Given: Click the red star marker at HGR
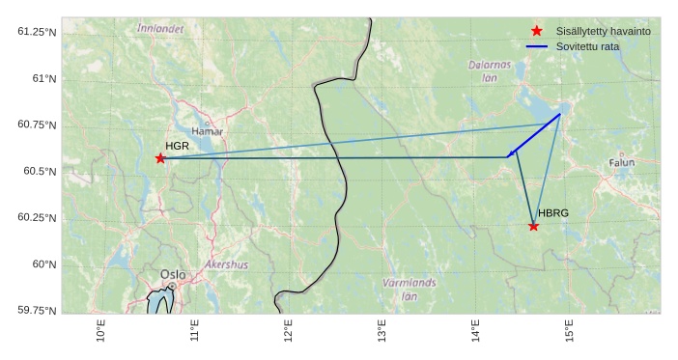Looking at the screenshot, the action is tap(160, 158).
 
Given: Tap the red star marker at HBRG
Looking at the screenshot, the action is tap(533, 226).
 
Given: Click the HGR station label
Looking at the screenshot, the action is tap(177, 147).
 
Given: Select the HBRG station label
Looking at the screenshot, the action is tap(553, 213).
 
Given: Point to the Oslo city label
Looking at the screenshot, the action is tap(173, 274).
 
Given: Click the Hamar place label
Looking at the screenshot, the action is tap(207, 131).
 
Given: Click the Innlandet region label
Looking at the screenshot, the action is tap(160, 29).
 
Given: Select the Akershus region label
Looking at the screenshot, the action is tap(226, 264).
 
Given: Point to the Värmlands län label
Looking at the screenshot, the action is tap(409, 290).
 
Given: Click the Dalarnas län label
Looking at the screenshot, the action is tap(490, 70).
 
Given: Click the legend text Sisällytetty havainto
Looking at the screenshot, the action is tap(604, 31).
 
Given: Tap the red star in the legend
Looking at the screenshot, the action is tap(537, 31).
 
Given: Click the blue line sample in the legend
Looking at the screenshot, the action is tap(537, 46).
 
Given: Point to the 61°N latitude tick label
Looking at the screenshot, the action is tap(39, 78).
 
